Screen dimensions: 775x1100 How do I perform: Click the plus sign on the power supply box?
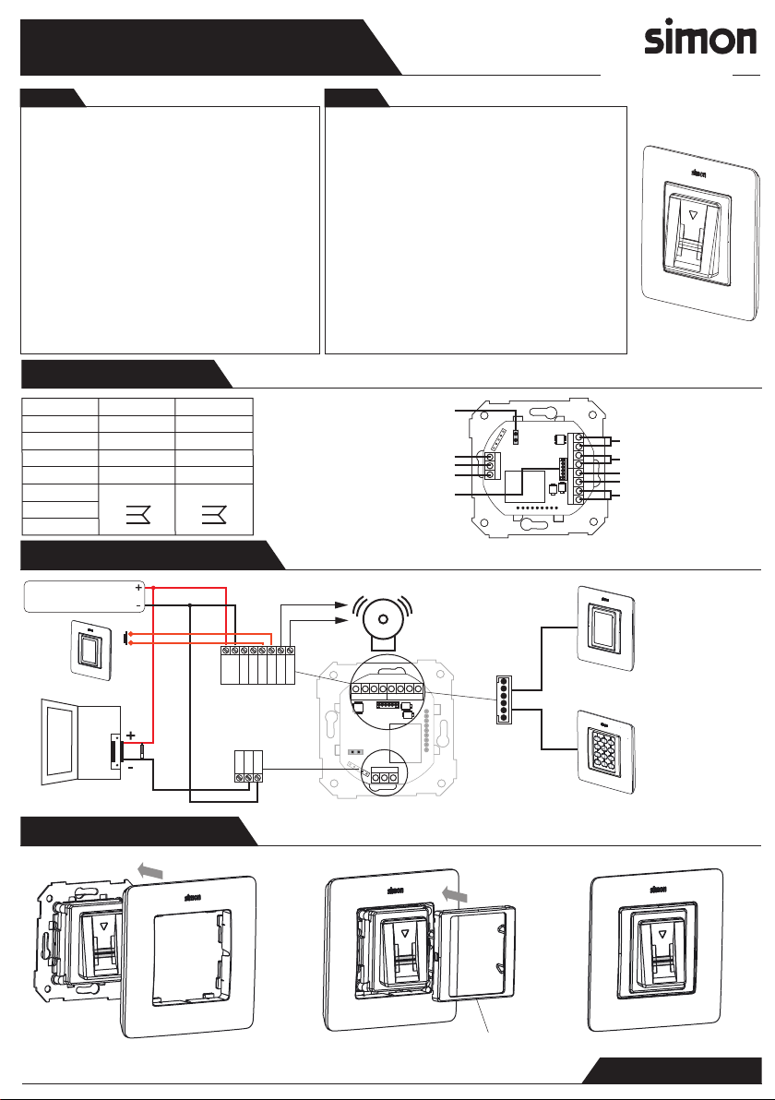point(137,587)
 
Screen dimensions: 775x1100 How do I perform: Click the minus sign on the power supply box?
point(137,605)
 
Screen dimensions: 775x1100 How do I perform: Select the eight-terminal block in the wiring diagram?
point(257,663)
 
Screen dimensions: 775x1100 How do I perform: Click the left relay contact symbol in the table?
point(137,512)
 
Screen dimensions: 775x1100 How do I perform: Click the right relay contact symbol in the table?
point(214,512)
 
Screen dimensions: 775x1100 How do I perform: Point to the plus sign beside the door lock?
point(131,734)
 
